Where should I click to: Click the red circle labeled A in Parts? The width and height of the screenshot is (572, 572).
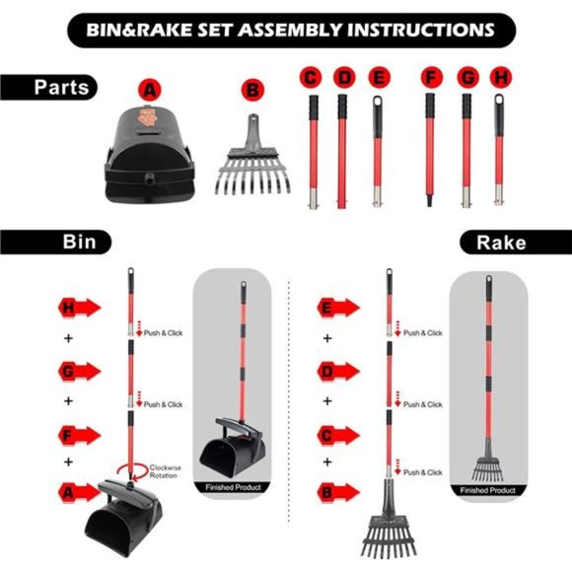pos(150,90)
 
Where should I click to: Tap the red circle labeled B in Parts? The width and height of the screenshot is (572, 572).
pos(252,90)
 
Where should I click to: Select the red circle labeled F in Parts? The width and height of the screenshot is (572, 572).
pos(432,77)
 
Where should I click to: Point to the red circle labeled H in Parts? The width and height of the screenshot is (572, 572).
pos(501,77)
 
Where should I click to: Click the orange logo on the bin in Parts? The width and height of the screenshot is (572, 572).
pos(147,116)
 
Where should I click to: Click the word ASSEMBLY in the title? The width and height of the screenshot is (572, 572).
pos(290,30)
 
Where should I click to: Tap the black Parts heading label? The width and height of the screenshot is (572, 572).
pos(49,87)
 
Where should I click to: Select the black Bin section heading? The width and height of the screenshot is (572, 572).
pos(55,242)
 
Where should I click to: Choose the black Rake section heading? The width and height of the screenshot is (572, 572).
pos(516,243)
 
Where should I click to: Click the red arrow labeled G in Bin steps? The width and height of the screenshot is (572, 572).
pos(79,372)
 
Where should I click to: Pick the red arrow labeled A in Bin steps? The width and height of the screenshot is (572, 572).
pos(79,493)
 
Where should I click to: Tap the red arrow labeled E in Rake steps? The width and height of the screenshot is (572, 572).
pos(338,308)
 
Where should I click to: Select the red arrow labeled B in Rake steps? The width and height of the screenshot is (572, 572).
pos(338,493)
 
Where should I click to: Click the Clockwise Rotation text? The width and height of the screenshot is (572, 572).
pos(165,471)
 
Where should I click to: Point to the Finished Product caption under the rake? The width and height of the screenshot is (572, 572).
pos(488,490)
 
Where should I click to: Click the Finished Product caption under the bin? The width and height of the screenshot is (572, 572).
pos(233,487)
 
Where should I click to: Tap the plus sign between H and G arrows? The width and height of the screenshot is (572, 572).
pos(68,338)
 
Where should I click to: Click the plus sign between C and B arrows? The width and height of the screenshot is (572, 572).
pos(327,463)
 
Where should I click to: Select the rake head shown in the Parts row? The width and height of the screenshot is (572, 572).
pos(252,155)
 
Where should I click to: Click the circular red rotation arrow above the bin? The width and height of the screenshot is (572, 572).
pos(132,471)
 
